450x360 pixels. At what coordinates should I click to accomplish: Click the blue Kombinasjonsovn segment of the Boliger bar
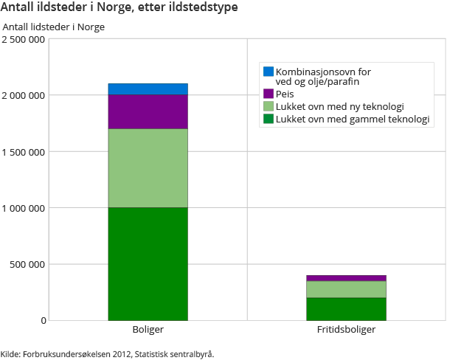[148, 89]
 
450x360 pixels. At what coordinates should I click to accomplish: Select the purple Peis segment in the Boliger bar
[148, 111]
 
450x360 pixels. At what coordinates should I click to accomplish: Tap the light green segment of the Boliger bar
[148, 168]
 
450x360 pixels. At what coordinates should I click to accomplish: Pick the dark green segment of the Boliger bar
[148, 263]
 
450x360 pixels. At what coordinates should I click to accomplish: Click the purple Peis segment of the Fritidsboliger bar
[346, 278]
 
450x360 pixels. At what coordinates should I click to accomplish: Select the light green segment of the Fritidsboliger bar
[346, 289]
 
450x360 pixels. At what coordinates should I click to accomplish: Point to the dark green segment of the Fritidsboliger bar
[346, 309]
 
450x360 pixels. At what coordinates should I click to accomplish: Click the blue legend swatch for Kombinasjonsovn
[269, 72]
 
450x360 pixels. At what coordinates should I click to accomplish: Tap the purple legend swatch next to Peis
[269, 94]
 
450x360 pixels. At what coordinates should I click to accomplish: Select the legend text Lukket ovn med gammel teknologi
[352, 119]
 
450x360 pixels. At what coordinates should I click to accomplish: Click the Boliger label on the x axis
[148, 330]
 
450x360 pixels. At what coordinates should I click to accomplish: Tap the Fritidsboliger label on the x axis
[346, 330]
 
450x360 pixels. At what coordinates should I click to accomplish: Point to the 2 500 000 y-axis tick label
[23, 39]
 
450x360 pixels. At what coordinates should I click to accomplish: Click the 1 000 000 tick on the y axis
[23, 208]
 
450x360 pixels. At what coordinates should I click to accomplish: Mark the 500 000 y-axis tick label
[28, 264]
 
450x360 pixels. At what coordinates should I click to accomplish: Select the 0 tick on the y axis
[43, 320]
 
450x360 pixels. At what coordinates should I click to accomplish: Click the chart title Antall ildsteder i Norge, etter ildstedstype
[120, 8]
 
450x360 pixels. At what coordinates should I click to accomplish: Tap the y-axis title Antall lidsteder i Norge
[54, 27]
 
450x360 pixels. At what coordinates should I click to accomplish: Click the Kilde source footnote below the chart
[107, 354]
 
